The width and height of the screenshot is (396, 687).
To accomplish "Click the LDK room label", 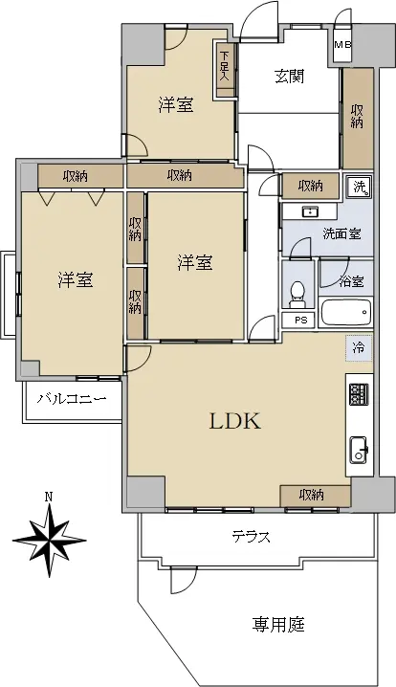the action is tap(235, 421).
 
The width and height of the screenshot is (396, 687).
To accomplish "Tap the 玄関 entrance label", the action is tap(290, 77).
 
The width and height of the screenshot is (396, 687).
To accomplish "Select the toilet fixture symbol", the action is tap(297, 294).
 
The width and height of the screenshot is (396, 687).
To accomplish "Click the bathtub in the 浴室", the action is tap(346, 312).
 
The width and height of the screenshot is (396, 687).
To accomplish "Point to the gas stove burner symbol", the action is tap(359, 394).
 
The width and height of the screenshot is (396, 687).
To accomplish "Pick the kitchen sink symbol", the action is tap(359, 450).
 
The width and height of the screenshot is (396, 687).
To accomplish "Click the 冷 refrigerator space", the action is tap(359, 348).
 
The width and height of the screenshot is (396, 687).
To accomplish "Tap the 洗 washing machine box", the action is tap(360, 188).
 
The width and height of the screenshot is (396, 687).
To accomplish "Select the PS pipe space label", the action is tap(301, 320).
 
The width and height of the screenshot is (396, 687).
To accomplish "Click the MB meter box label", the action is tap(343, 45).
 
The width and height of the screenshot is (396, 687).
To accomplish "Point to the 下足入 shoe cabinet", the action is tap(225, 69).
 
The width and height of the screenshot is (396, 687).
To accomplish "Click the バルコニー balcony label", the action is tap(72, 399).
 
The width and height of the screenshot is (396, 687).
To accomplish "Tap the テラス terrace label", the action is tap(251, 536).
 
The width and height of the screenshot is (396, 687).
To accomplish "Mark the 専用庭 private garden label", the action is tap(278, 624).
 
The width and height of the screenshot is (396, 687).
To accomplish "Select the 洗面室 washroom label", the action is tap(342, 234).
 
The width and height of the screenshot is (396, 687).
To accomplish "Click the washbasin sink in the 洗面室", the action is tap(310, 212).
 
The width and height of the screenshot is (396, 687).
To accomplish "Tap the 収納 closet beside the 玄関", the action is tap(358, 119).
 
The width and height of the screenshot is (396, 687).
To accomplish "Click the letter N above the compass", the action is tap(49, 497).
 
